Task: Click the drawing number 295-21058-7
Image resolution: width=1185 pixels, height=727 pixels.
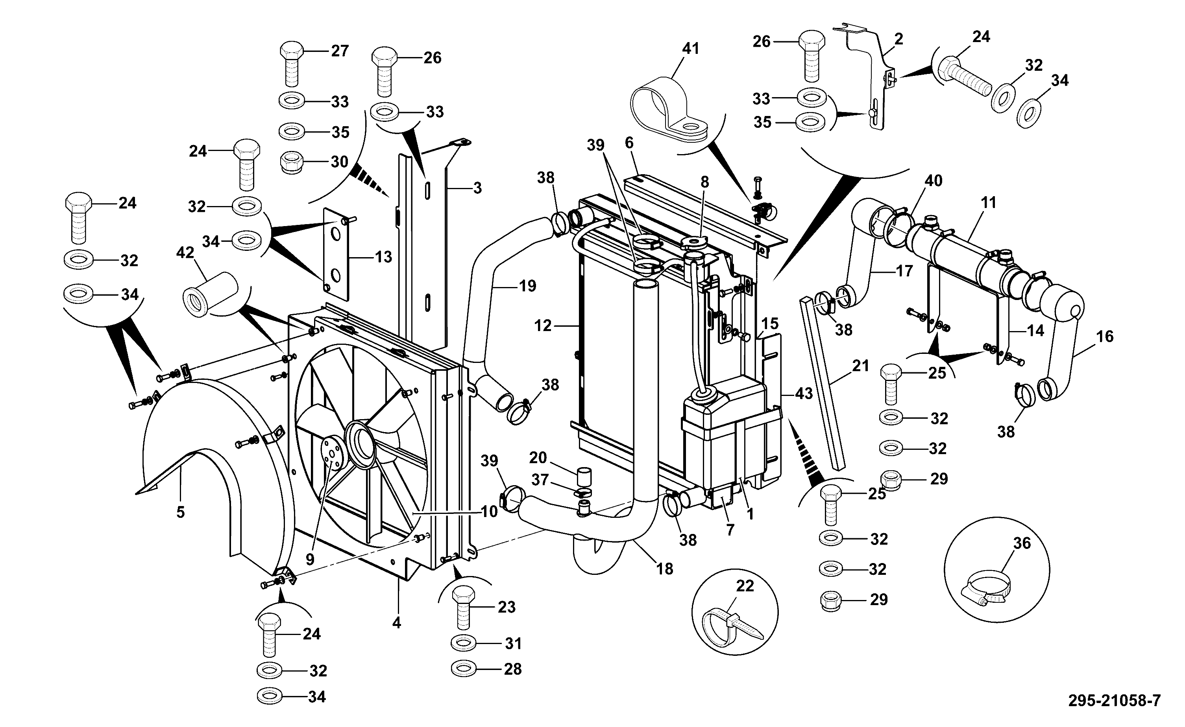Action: click(x=1114, y=700)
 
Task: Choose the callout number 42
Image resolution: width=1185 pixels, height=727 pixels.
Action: click(x=185, y=253)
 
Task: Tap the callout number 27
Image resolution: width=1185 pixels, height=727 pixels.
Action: click(x=340, y=50)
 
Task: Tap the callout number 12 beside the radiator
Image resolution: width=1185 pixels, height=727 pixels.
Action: click(x=543, y=326)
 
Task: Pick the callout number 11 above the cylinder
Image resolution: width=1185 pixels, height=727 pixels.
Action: click(x=988, y=202)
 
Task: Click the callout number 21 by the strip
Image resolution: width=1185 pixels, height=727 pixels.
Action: click(x=860, y=366)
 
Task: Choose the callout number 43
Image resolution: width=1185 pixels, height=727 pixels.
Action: click(x=804, y=393)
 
